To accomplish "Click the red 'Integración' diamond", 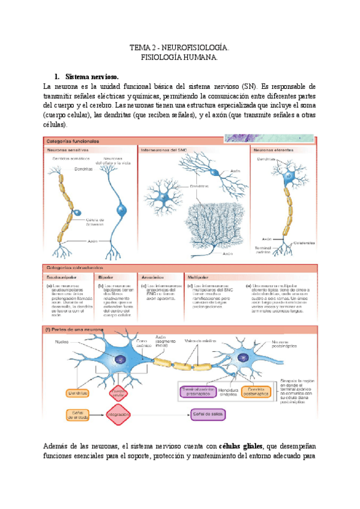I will click(x=119, y=414).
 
